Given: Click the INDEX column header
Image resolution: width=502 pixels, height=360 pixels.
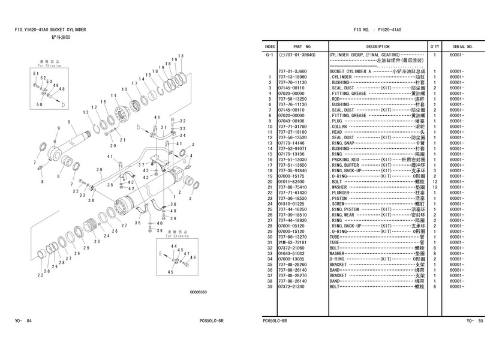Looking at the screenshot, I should [270, 46].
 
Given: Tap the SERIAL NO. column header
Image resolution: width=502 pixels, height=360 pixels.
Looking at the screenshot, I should [463, 46].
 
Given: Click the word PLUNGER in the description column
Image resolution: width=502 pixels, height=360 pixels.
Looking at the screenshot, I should [344, 193].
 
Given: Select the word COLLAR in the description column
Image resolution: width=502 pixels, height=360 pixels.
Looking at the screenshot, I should [339, 127].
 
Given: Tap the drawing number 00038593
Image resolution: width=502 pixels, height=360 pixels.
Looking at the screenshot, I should [199, 292].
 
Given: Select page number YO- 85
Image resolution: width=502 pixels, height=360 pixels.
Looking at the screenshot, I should [475, 321].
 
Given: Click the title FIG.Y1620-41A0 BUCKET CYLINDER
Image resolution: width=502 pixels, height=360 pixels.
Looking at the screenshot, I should [50, 29].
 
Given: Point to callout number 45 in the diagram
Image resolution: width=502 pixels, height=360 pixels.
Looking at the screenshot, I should [170, 272].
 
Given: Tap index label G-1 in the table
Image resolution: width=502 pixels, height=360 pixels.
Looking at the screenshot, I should [270, 55].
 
